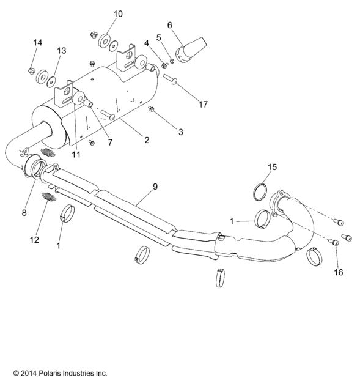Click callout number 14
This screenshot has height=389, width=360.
point(38,42)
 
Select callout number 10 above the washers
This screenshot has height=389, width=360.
point(118,13)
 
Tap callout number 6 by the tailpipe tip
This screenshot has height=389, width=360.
point(170,24)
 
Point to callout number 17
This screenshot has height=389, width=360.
point(204,104)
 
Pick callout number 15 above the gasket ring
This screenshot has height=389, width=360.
point(273,166)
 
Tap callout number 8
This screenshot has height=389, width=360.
point(24,212)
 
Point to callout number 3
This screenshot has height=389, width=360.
point(180,132)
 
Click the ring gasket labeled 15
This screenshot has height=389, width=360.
point(262,190)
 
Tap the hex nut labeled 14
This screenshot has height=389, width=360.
point(31,70)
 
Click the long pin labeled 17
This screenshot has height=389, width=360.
point(170,79)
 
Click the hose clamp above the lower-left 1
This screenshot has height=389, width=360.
point(68,215)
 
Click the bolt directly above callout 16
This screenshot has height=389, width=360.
point(335,243)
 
